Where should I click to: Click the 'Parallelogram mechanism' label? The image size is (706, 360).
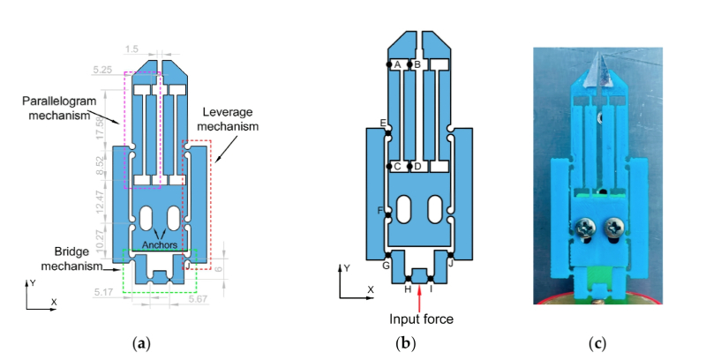click(54, 109)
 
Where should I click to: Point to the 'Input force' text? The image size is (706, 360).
click(419, 319)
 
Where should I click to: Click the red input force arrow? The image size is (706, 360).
click(419, 296)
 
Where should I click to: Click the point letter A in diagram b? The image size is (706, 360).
click(397, 64)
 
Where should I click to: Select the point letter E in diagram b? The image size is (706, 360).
click(382, 123)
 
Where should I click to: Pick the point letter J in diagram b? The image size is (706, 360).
click(451, 262)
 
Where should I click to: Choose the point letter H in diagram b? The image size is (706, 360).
click(407, 289)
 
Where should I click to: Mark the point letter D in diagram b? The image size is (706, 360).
click(417, 166)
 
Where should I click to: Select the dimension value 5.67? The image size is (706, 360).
click(199, 300)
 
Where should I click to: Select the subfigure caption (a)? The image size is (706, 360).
click(140, 343)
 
